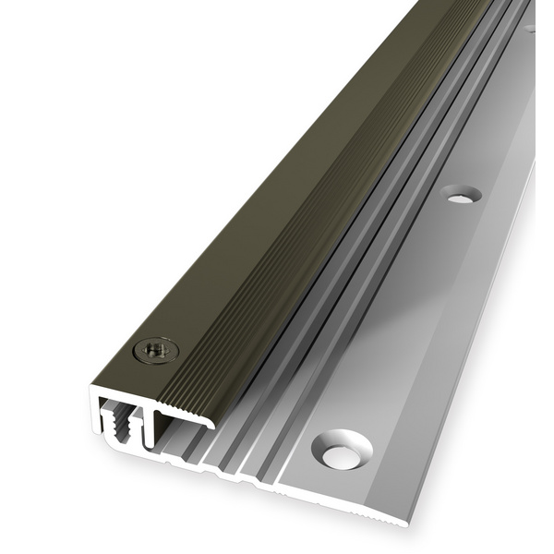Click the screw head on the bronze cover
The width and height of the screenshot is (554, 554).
[x=155, y=350]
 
